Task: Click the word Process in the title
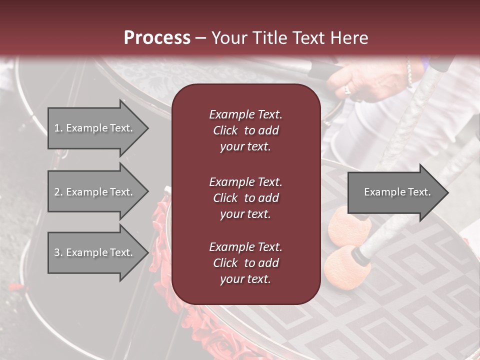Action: tap(157, 38)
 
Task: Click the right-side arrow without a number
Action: tap(398, 192)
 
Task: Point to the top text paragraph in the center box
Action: tap(245, 130)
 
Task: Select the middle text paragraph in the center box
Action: tap(245, 198)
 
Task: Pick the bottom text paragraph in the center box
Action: tap(245, 263)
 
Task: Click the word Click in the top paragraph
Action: tap(225, 130)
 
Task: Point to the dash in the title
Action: tap(201, 38)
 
